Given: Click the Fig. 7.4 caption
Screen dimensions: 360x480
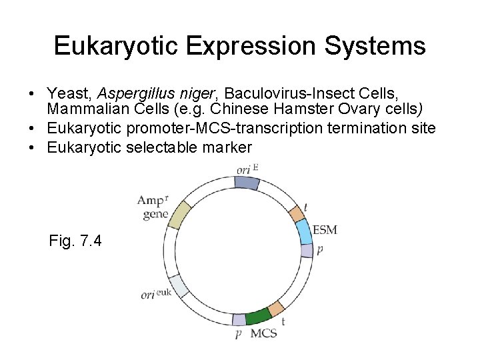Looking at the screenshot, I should click(75, 241).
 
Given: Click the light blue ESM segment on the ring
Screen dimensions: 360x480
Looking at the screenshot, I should click(303, 231).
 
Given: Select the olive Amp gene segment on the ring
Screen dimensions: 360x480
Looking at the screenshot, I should click(179, 215).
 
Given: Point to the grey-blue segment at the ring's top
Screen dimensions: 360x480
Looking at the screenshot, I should click(247, 182).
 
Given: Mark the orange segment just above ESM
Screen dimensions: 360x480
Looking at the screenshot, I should click(296, 214).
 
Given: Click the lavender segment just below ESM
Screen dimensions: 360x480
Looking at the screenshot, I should click(307, 250).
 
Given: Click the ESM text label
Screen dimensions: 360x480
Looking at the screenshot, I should click(325, 230).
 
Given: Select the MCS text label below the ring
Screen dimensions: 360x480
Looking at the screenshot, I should click(263, 333).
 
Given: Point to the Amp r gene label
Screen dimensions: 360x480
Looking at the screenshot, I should click(154, 207).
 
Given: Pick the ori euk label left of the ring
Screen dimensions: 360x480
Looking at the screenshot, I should click(155, 294).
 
